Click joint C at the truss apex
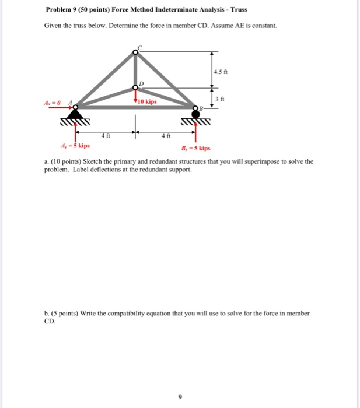[x=135, y=52]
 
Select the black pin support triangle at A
[x=74, y=112]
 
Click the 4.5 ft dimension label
[x=220, y=72]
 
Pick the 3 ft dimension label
[x=220, y=99]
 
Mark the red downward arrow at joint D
[x=135, y=97]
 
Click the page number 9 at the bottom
[x=180, y=397]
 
